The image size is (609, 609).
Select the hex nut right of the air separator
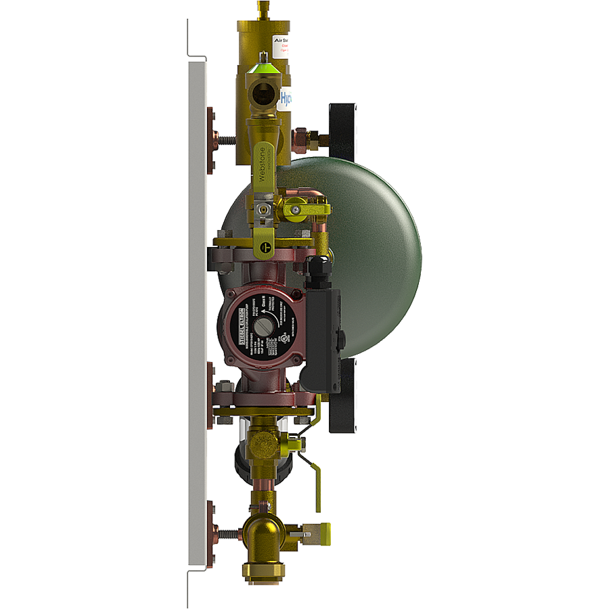[x=300, y=139]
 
